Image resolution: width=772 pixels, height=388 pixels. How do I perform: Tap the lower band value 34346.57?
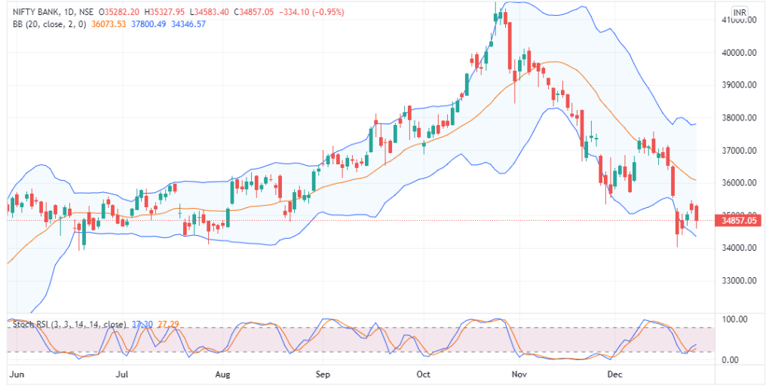coord(188,24)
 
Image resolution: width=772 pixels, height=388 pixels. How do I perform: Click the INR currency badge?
coord(740,13)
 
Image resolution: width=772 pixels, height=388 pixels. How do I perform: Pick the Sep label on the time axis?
coord(323,374)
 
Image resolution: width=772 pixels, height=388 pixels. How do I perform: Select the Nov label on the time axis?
coord(517,374)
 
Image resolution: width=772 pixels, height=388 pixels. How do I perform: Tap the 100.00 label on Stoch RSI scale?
coord(734,319)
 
